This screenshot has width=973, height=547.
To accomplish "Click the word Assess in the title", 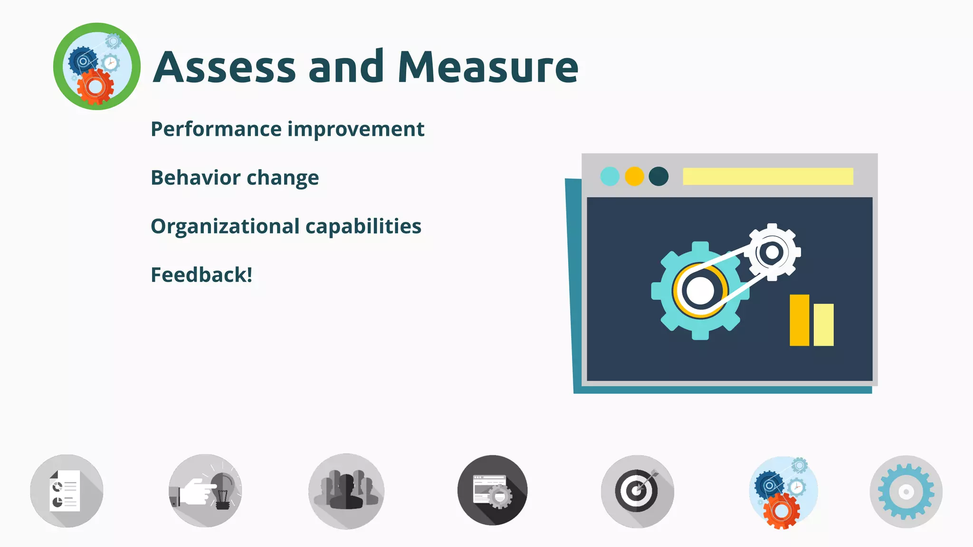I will pos(224,67).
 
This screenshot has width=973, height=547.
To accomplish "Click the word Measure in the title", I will pos(487,67).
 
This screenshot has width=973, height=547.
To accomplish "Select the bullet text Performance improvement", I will pos(287,129).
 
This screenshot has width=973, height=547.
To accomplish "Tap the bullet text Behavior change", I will pos(235,178).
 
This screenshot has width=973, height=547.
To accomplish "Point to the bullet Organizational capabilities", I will pos(286,226).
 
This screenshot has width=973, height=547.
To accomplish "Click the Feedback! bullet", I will pos(201,275).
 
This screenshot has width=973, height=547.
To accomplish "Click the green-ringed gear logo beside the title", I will pos(97,66).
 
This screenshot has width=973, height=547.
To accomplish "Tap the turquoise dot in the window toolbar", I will pos(610,176).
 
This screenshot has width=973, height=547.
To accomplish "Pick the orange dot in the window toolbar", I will pos(634,176).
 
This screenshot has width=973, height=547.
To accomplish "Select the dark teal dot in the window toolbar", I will pos(658,176).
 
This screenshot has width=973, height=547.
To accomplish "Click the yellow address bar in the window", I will pos(768,176).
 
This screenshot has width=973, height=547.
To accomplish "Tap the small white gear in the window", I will pos(773,252).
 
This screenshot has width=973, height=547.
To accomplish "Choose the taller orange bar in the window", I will pos(799,320).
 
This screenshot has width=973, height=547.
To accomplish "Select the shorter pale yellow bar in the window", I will pos(823,325).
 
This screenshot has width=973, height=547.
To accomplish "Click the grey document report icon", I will pos(67,491).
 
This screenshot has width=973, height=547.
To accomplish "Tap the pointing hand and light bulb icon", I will pos(205,491).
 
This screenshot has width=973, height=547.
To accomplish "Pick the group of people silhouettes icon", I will pos(346,491).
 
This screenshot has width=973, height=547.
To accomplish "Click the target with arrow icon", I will pos(637,491).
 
